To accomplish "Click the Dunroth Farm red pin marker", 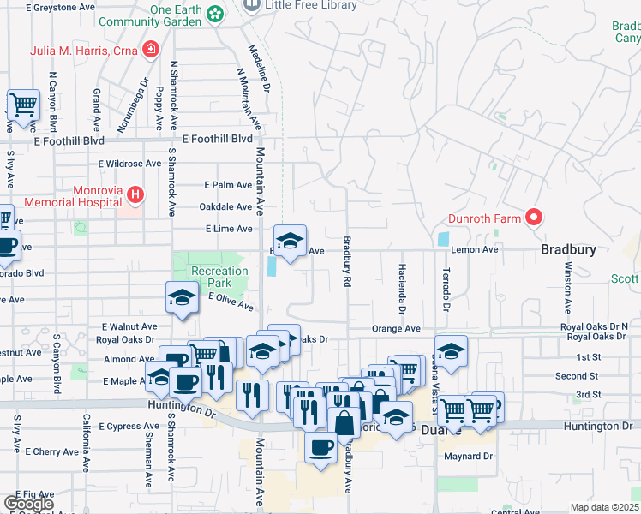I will tap(535, 218).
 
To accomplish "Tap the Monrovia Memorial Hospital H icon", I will tap(135, 196).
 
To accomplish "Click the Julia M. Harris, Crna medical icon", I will tap(151, 49).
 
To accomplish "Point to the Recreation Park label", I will tap(219, 277).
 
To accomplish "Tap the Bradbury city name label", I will tap(568, 249).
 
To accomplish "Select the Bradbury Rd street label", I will tap(347, 261).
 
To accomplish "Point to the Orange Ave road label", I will tap(396, 328).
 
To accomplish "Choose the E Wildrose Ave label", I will tap(129, 163).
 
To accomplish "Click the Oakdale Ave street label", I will tap(225, 206).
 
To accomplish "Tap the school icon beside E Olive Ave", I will tap(182, 298).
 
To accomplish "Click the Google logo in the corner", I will tap(29, 504).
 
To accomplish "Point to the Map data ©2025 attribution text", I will tap(603, 507).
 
